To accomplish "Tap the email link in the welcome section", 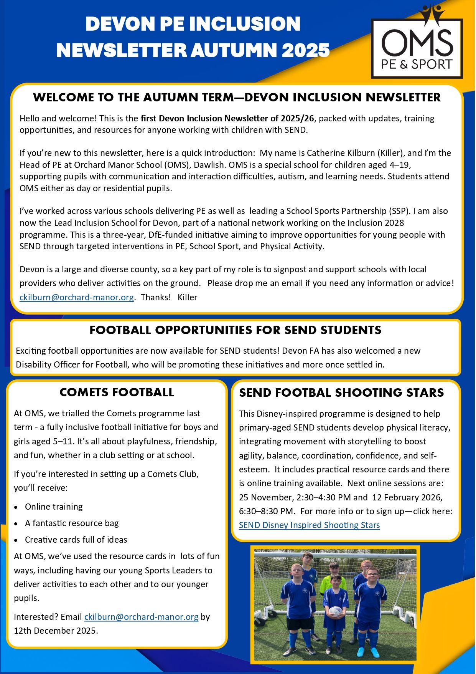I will [77, 297].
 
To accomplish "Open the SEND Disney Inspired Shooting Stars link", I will [309, 525].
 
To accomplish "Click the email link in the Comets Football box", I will [141, 617].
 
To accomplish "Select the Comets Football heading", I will [117, 392].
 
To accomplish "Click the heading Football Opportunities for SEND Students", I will [236, 330].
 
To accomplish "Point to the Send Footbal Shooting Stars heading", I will [341, 392].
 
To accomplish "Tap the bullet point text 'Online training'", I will [54, 507].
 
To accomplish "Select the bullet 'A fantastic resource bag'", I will [72, 523].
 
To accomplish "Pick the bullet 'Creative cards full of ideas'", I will [76, 540].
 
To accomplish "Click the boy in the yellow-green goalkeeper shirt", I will [333, 576].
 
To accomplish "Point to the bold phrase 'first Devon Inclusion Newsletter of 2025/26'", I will [227, 118].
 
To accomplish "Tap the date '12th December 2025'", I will [55, 631].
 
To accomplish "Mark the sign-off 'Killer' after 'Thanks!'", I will [187, 297].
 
